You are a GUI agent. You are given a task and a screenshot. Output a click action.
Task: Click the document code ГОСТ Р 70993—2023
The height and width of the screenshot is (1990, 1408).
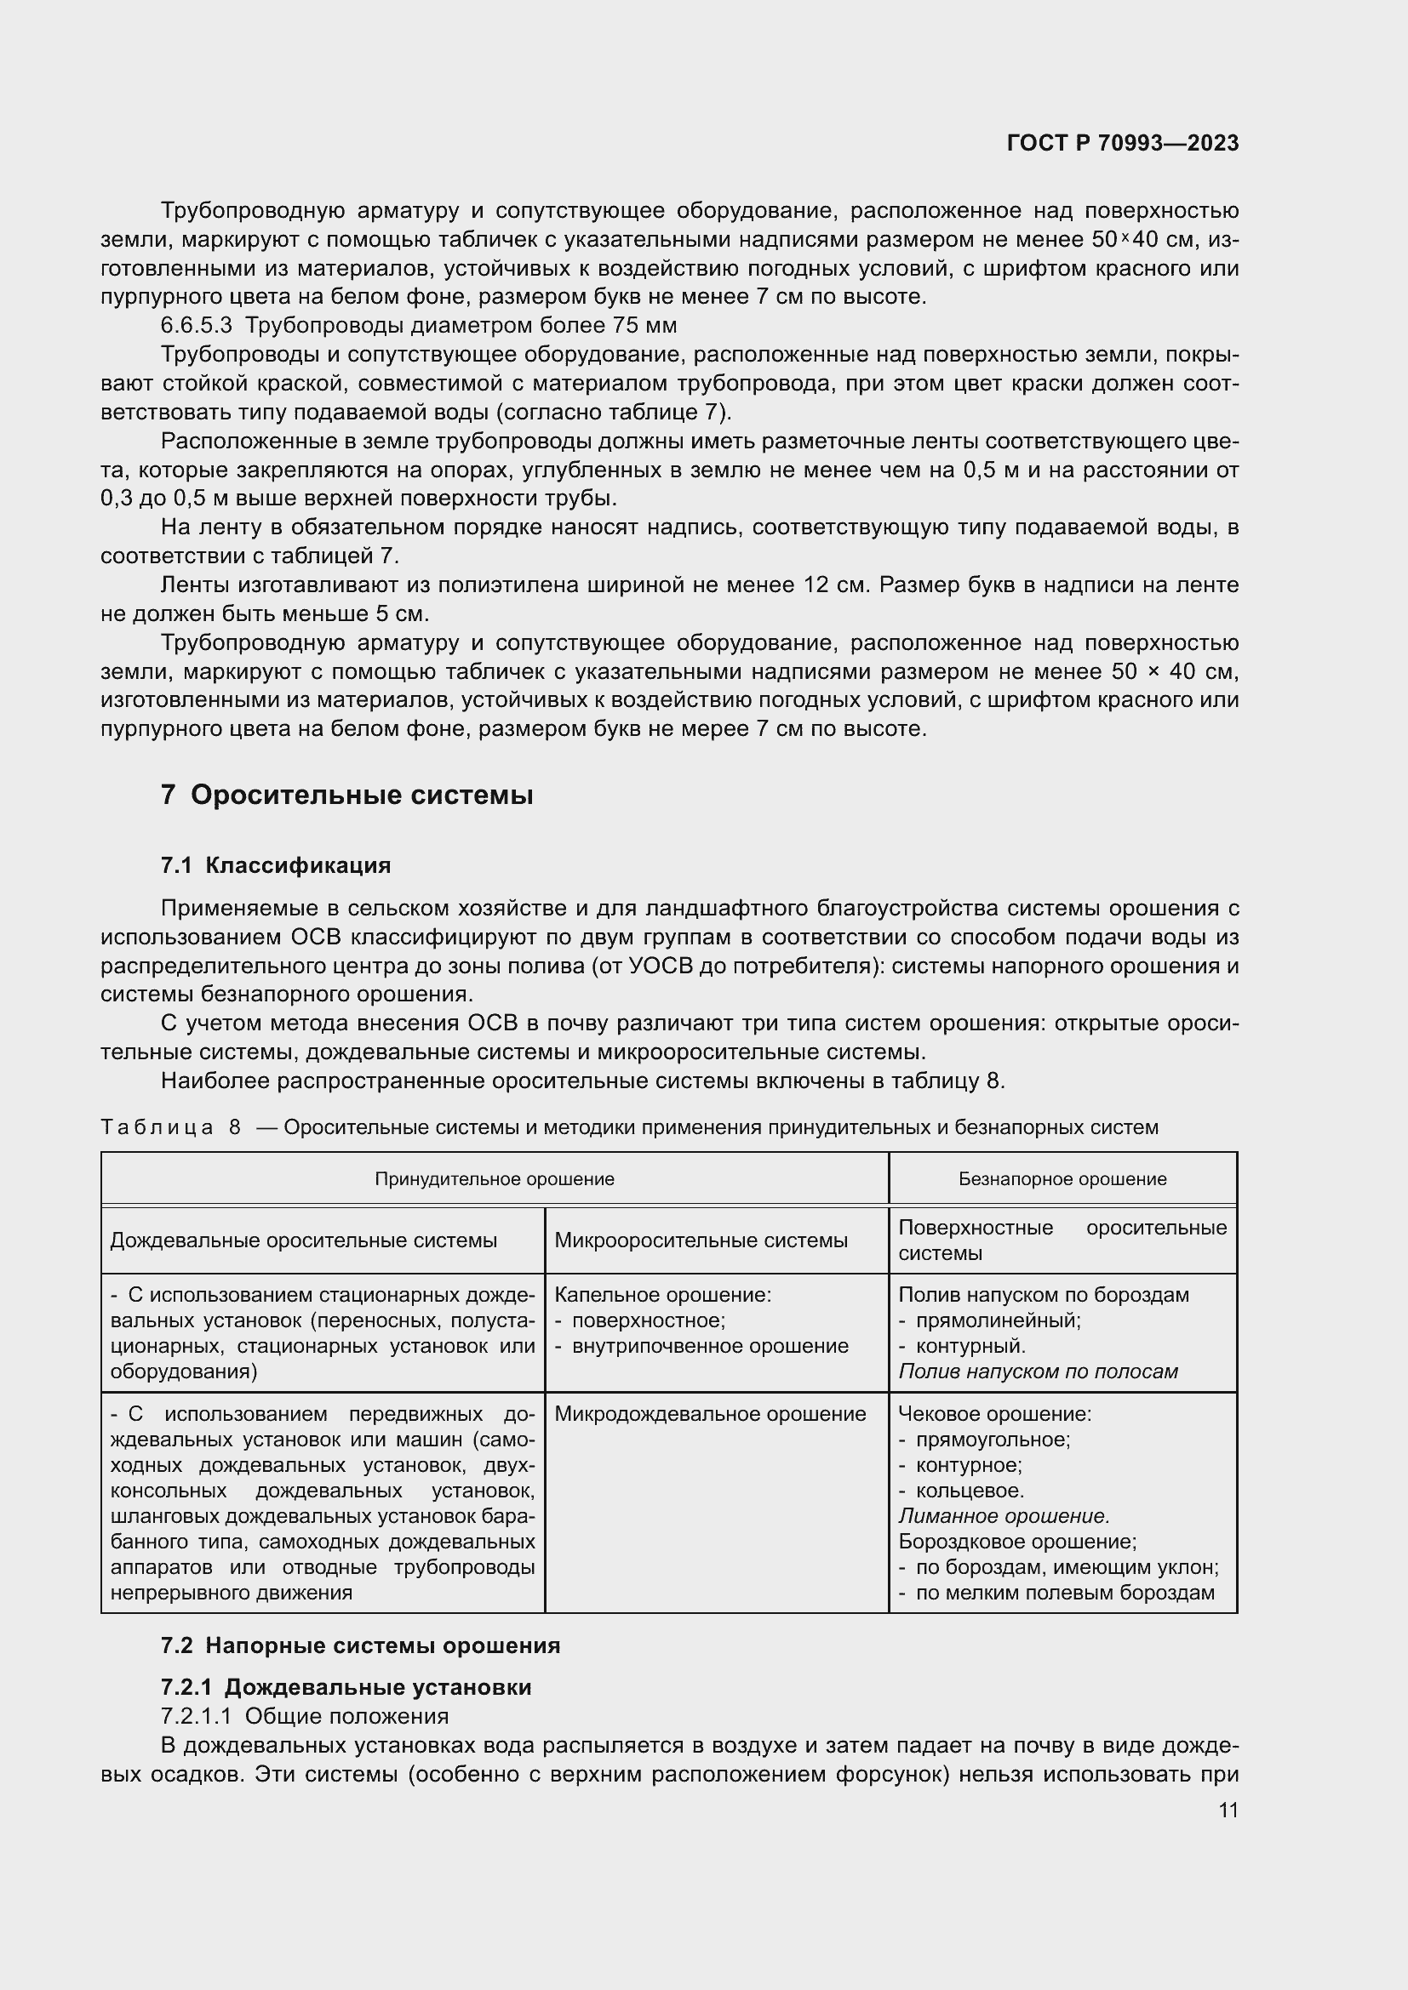(x=1122, y=143)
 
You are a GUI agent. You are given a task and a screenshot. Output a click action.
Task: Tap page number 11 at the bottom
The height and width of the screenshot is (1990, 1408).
(x=1228, y=1810)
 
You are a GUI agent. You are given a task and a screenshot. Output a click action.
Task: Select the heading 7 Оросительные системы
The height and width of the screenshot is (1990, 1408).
(x=346, y=795)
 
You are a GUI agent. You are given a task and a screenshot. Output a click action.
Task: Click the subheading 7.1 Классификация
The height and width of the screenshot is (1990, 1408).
(x=276, y=865)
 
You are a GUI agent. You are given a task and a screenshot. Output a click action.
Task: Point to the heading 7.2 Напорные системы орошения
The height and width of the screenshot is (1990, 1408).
(x=361, y=1646)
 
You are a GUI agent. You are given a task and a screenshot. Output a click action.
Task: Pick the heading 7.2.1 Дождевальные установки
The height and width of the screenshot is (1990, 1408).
(x=346, y=1686)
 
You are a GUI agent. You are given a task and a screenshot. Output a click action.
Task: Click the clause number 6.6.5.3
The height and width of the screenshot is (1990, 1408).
(x=197, y=326)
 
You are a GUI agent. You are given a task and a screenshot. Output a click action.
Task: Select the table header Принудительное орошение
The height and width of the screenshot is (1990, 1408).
(x=495, y=1178)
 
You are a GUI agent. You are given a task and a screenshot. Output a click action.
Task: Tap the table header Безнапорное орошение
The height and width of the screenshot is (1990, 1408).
(x=1062, y=1178)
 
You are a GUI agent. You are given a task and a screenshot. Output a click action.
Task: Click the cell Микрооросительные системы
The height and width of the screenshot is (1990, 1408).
(x=701, y=1240)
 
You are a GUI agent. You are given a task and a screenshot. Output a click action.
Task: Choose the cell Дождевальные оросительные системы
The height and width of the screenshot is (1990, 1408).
(x=303, y=1240)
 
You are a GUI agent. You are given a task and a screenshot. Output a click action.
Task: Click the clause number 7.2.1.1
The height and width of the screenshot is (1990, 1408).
(x=198, y=1716)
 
